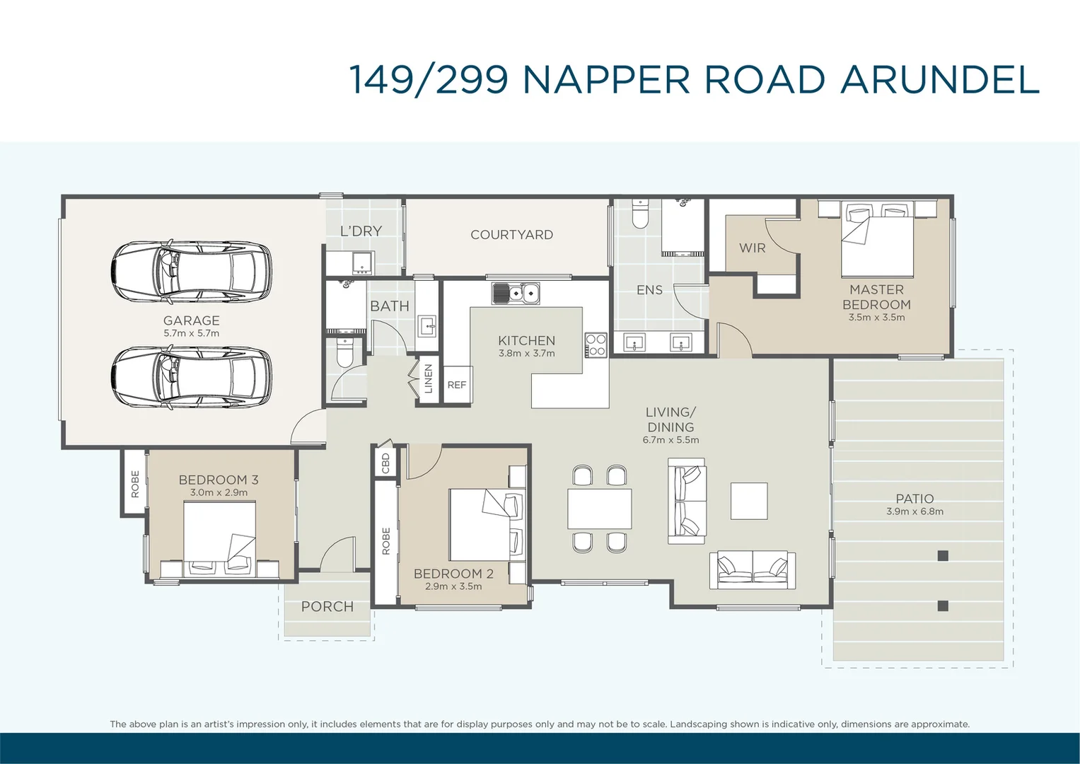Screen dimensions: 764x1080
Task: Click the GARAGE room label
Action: click(x=191, y=320)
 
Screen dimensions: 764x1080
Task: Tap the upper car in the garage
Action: click(x=191, y=271)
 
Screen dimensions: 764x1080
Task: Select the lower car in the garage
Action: click(x=191, y=376)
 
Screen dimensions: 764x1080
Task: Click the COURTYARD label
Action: click(x=511, y=235)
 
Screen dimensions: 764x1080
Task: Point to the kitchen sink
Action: click(x=516, y=292)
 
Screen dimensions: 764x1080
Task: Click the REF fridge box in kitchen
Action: click(x=457, y=385)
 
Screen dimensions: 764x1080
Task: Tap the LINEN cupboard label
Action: click(x=428, y=378)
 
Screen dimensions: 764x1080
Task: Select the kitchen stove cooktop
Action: click(x=596, y=345)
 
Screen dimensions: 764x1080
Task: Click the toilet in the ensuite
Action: click(x=639, y=214)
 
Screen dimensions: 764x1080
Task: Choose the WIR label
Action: click(x=752, y=248)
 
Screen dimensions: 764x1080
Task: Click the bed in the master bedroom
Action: click(x=876, y=241)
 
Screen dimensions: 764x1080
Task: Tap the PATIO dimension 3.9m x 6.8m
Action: click(x=914, y=511)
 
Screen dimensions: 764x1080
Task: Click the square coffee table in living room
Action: click(x=749, y=501)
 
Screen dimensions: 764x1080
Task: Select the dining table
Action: click(x=599, y=509)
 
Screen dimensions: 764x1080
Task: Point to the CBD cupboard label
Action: click(x=385, y=463)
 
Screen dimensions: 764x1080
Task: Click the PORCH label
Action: click(x=327, y=607)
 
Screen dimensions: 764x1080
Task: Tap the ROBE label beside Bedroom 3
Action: click(x=135, y=484)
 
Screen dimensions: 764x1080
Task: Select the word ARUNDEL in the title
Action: click(x=940, y=79)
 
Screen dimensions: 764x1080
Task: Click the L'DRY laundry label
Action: click(x=361, y=231)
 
